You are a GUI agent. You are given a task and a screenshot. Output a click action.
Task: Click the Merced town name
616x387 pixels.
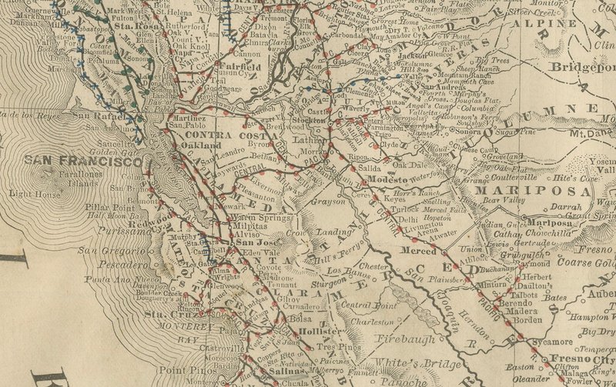pos(423,252)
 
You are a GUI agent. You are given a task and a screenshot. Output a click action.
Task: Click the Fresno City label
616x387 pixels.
pos(583,359)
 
